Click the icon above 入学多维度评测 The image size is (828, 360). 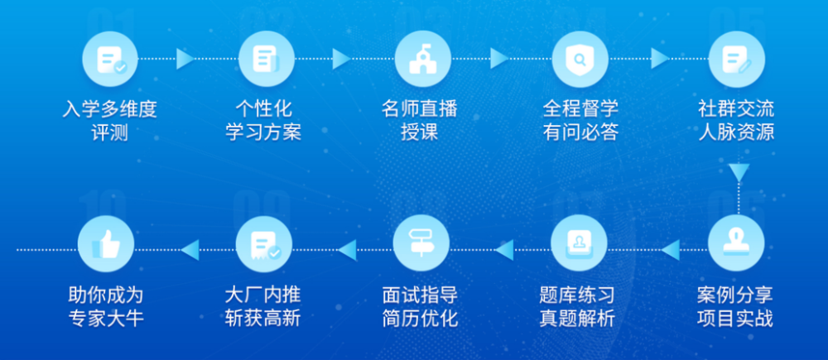110,59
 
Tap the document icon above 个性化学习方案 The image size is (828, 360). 266,59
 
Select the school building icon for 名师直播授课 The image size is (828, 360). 423,59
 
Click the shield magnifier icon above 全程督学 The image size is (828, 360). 580,59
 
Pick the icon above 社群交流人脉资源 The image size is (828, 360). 736,59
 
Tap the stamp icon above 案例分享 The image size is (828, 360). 736,242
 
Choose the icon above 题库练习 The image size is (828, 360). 579,242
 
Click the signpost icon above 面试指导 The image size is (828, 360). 421,242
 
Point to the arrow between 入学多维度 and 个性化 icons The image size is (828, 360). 185,59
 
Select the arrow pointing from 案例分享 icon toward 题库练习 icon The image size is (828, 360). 671,250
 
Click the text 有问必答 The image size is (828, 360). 580,132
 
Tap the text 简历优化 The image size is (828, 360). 421,319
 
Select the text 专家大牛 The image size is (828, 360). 106,319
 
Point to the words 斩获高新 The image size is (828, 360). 263,319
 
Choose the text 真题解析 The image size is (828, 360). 577,319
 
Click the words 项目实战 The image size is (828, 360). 735,319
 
